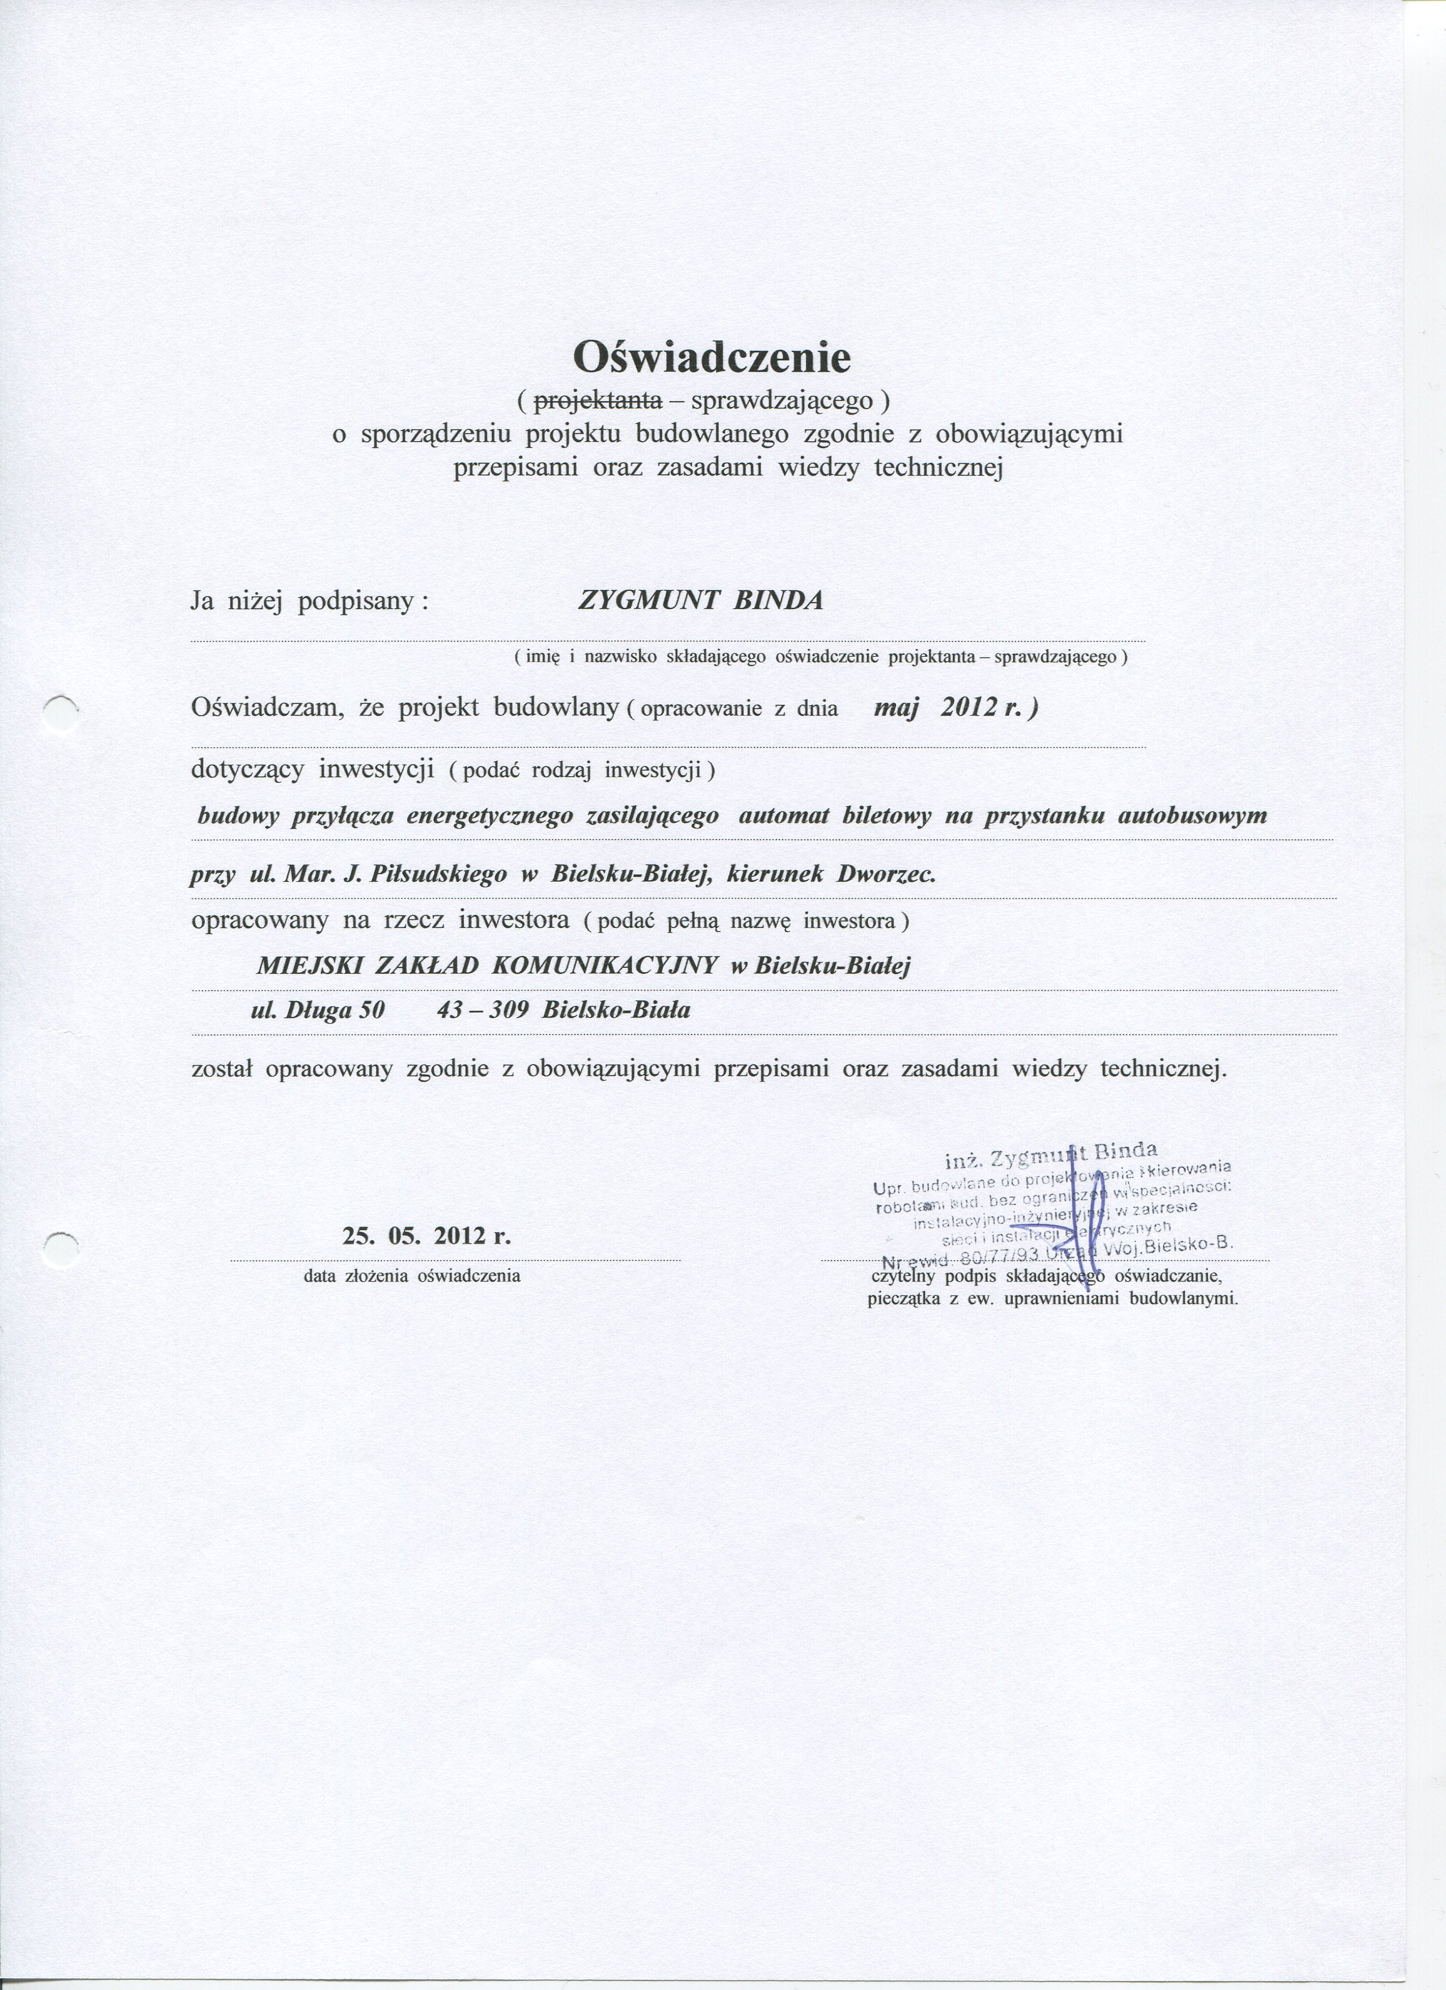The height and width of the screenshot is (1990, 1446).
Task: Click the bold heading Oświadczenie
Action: [x=712, y=357]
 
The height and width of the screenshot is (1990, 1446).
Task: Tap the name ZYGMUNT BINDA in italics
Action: [x=701, y=601]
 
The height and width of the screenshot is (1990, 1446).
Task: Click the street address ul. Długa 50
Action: [x=318, y=1010]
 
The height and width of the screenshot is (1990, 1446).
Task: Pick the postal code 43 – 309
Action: [x=481, y=1010]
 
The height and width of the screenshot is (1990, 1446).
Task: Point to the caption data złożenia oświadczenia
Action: [x=412, y=1276]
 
